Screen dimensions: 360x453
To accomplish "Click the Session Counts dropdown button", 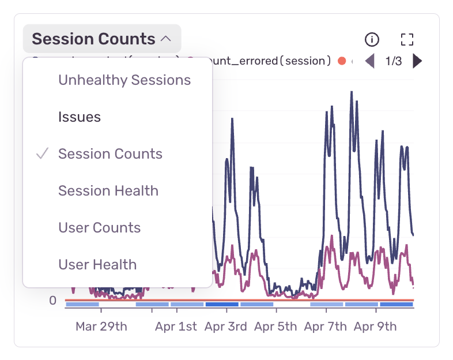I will pos(101,39).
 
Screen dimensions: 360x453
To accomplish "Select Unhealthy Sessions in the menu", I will pos(124,80).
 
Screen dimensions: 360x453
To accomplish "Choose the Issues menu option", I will pos(80,117).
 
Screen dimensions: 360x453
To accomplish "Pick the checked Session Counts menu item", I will pos(110,154).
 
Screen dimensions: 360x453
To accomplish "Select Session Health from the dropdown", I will pos(108,191).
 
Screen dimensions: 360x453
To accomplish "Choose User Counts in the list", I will pos(99,228).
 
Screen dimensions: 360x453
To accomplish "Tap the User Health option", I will pos(97,265).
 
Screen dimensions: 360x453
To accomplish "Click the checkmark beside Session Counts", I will pos(41,154).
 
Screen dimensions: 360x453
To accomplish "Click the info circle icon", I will pos(372,39).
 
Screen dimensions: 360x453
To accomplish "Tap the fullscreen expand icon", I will pos(407,39).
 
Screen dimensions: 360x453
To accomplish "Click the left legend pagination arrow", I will pos(370,61).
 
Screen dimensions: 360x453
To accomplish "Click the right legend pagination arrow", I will pos(417,61).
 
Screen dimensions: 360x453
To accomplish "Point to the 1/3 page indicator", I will pos(394,61).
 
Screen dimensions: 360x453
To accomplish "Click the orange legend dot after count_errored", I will pos(342,61).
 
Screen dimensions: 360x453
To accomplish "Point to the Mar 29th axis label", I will pos(101,327).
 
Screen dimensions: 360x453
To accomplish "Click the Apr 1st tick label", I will pos(176,327).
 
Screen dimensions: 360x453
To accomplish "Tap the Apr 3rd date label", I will pos(226,327).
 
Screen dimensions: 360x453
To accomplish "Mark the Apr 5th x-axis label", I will pos(275,327).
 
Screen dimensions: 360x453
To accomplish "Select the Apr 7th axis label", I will pos(326,327).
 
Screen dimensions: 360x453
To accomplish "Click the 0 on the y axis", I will pos(52,301).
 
